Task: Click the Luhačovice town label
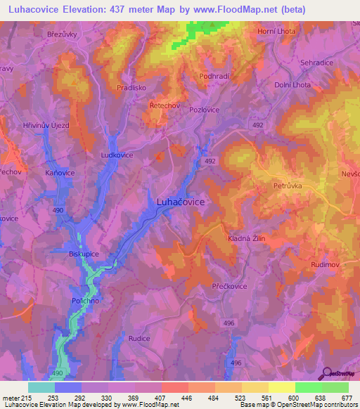pos(176,202)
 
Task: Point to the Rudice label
pos(139,338)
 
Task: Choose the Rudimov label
pos(326,264)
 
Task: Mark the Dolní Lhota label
pos(293,85)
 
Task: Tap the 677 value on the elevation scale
pos(345,397)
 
